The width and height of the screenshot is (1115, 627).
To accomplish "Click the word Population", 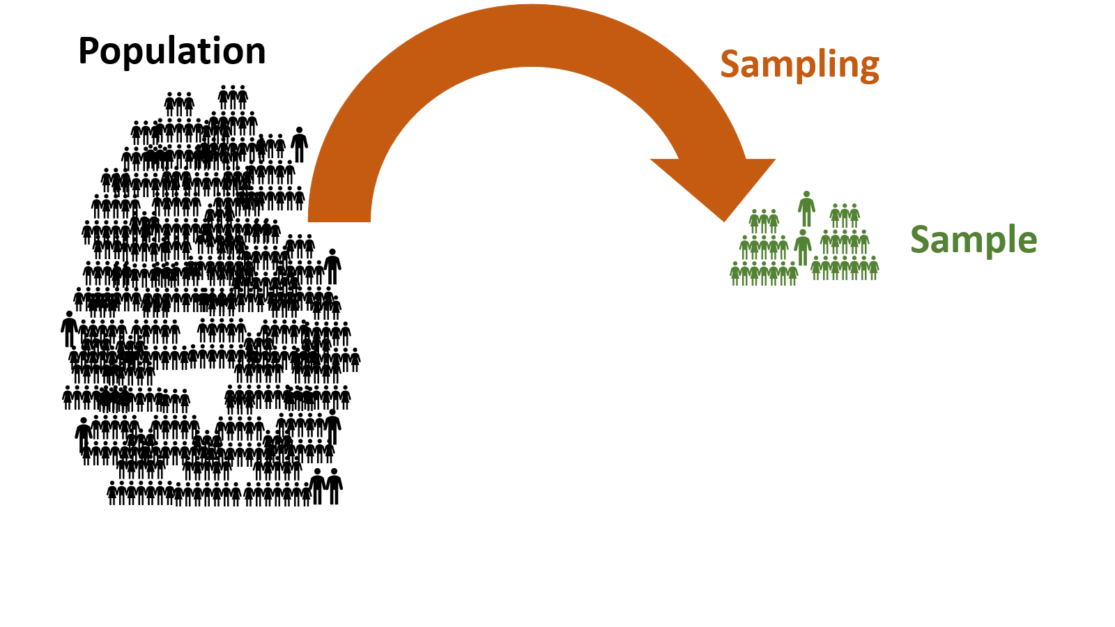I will pyautogui.click(x=171, y=52).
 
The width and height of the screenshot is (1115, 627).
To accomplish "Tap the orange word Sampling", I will pyautogui.click(x=799, y=65).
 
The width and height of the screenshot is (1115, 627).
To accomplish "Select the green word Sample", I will pyautogui.click(x=974, y=240).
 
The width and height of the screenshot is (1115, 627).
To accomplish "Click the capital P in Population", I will pyautogui.click(x=89, y=52).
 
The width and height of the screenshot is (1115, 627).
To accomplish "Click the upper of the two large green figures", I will pyautogui.click(x=806, y=209).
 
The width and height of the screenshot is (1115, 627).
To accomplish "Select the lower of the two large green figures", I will pyautogui.click(x=803, y=247).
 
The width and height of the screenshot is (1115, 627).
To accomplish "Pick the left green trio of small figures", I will pyautogui.click(x=764, y=221).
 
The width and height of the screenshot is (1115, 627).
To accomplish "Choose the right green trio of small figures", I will pyautogui.click(x=845, y=216).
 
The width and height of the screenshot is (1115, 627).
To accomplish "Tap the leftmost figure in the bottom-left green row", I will pyautogui.click(x=735, y=273).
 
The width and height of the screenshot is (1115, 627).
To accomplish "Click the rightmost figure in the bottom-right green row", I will pyautogui.click(x=873, y=268).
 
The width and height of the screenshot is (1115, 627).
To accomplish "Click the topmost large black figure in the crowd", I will pyautogui.click(x=299, y=144).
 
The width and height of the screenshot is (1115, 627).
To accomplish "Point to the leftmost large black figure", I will pyautogui.click(x=68, y=329).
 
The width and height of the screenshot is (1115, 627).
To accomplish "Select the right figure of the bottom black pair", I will pyautogui.click(x=334, y=486).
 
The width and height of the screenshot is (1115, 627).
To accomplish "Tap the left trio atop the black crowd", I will pyautogui.click(x=179, y=104).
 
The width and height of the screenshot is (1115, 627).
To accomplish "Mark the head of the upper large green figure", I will pyautogui.click(x=806, y=194).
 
